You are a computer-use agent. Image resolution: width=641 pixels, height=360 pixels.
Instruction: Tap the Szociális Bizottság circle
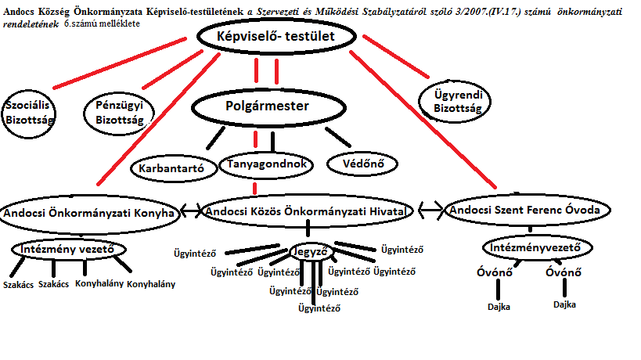point(27,112)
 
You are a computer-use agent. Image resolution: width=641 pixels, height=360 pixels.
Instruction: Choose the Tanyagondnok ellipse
point(268,164)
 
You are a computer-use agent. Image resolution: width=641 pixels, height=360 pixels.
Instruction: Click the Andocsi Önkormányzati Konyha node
point(88,212)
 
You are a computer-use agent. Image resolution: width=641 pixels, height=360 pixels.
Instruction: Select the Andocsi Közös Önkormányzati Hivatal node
point(306,211)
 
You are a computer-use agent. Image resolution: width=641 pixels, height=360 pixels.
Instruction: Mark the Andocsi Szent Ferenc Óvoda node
point(529,211)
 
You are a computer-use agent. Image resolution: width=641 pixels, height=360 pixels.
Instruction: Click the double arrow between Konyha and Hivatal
point(192,211)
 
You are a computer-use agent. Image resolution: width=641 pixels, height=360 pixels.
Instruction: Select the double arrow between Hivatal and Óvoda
point(430,210)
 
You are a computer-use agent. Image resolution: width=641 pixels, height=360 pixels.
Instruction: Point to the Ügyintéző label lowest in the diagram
point(320,308)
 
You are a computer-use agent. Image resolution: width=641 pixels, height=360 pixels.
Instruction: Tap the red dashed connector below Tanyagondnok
point(255,187)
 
